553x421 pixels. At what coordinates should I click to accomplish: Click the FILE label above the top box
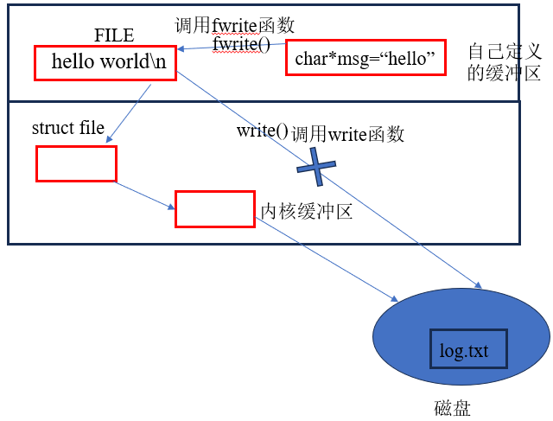pyautogui.click(x=114, y=35)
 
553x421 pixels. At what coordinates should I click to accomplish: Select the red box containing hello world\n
pyautogui.click(x=105, y=63)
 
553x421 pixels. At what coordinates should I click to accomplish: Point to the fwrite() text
pyautogui.click(x=242, y=44)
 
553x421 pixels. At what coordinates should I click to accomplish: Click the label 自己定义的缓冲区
pyautogui.click(x=505, y=61)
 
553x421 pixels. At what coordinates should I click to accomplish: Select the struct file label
pyautogui.click(x=68, y=129)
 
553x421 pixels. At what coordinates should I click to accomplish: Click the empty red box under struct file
pyautogui.click(x=76, y=163)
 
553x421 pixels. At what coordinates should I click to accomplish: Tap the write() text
pyautogui.click(x=262, y=131)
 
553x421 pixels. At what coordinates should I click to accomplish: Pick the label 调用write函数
pyautogui.click(x=347, y=133)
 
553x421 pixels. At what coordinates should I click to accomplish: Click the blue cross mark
pyautogui.click(x=315, y=166)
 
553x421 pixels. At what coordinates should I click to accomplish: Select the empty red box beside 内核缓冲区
pyautogui.click(x=214, y=209)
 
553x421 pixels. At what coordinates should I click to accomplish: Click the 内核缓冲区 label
pyautogui.click(x=307, y=212)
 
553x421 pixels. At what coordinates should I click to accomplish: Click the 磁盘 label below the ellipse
pyautogui.click(x=453, y=407)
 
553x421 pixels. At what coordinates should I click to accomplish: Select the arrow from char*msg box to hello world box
pyautogui.click(x=233, y=48)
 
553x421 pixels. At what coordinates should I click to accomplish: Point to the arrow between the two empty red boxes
pyautogui.click(x=145, y=195)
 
